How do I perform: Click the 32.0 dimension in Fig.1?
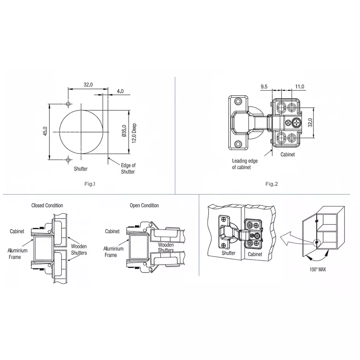[88, 85]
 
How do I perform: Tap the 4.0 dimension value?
[120, 91]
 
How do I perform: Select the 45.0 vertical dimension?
[45, 131]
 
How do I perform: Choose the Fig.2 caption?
[272, 184]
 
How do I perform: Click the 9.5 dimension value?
[264, 86]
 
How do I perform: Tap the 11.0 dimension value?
[300, 86]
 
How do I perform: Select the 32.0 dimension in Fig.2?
[310, 123]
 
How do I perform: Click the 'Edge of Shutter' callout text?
[128, 168]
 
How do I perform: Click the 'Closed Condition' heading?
[47, 206]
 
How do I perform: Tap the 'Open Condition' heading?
[144, 206]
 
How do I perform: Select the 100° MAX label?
[318, 269]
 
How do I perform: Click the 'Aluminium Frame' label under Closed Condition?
[15, 253]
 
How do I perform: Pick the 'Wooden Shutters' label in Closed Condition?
[79, 249]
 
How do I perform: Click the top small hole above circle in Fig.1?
[68, 104]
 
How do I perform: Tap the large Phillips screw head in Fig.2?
[297, 123]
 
